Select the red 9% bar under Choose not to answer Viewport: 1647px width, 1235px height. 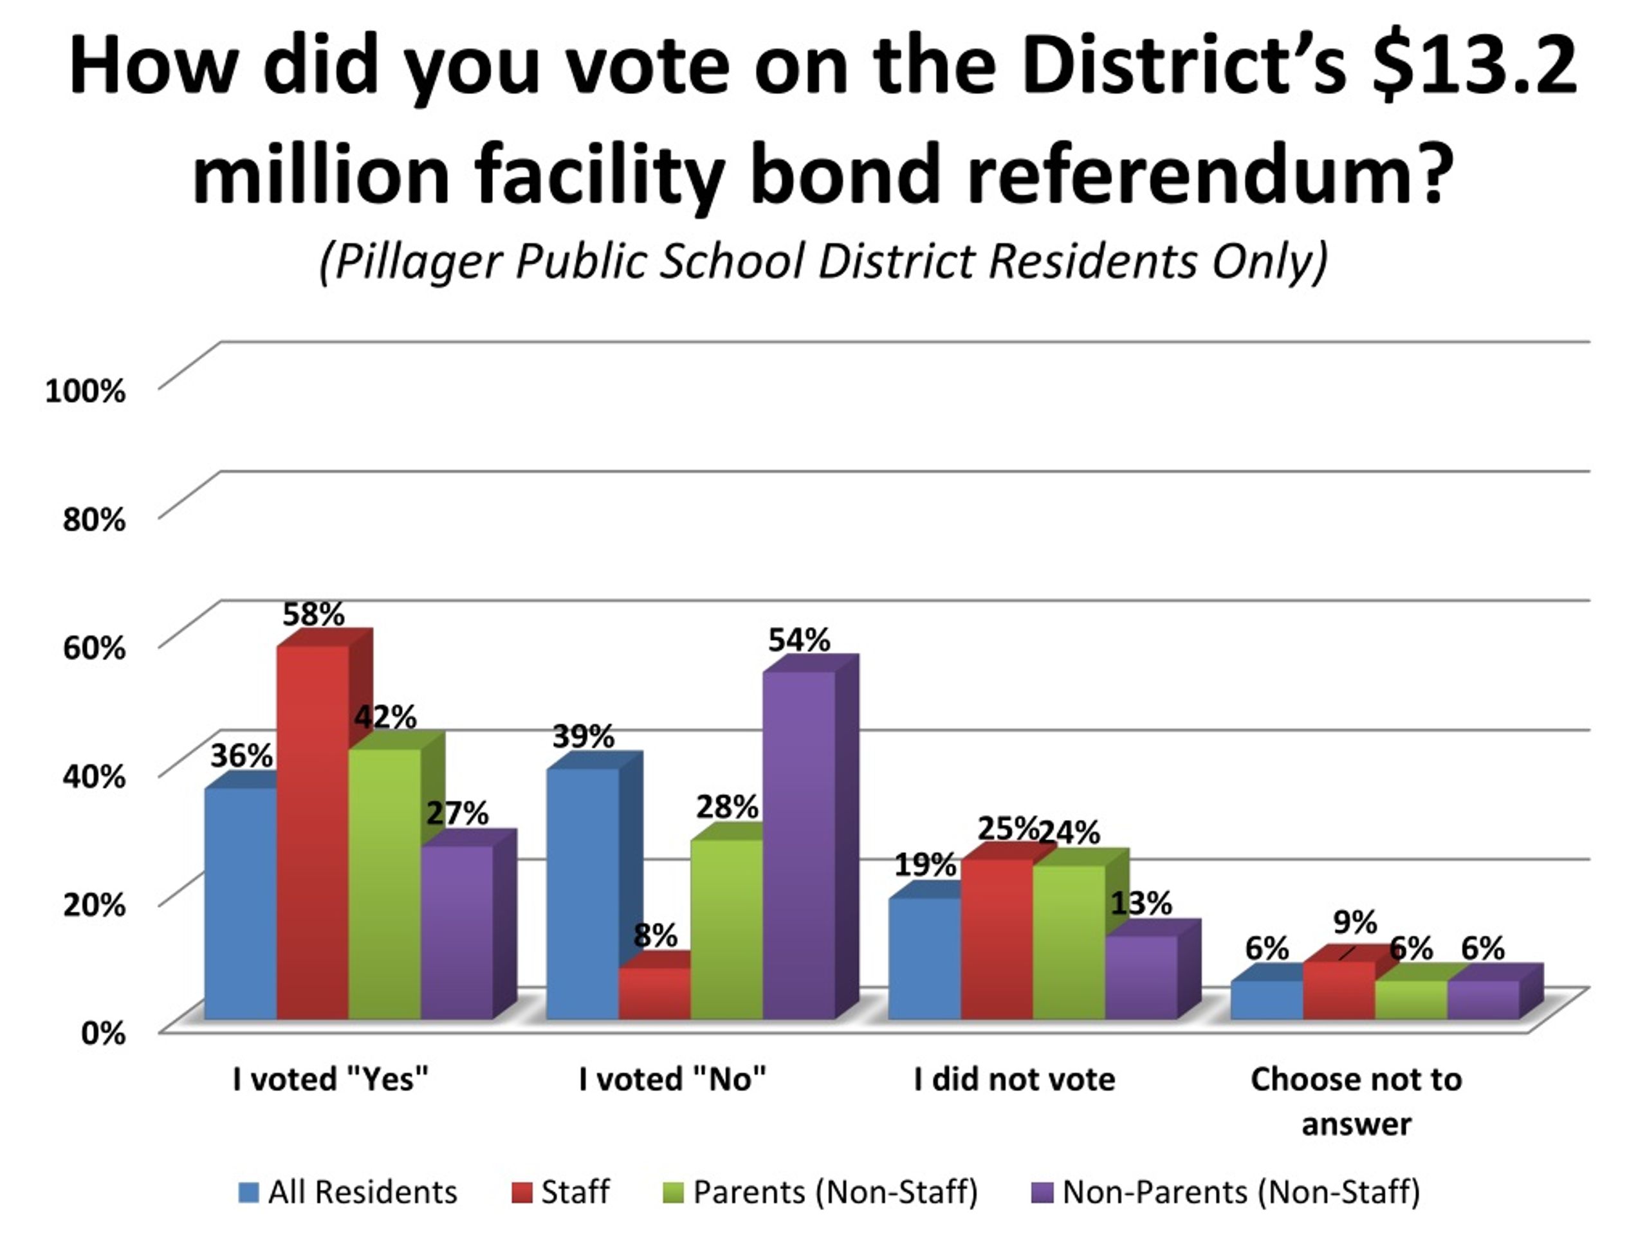[x=1338, y=989]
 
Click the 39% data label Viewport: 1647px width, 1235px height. [x=583, y=737]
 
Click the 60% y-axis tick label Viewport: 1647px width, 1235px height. [x=94, y=648]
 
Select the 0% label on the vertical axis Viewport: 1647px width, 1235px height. [x=103, y=1033]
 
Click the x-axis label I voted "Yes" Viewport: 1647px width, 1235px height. [x=331, y=1079]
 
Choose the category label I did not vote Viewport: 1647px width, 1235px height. [x=1014, y=1079]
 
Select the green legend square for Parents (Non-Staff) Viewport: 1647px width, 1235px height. [x=672, y=1193]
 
